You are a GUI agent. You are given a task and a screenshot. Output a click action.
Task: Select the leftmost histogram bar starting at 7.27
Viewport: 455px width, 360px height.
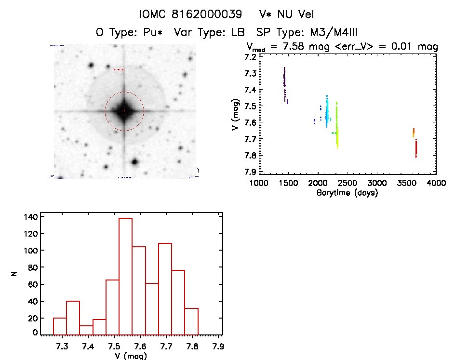point(60,326)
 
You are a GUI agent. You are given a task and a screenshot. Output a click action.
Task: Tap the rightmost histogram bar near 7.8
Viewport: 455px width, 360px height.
point(191,321)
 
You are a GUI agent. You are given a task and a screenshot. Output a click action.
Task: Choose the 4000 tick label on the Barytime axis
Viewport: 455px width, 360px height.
point(436,184)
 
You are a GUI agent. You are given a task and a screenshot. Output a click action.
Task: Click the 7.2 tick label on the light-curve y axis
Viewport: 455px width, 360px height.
point(251,57)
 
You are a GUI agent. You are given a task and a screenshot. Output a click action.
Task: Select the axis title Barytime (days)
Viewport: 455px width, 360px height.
point(347,193)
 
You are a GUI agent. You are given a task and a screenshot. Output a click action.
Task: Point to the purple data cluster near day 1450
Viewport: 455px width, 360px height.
point(285,82)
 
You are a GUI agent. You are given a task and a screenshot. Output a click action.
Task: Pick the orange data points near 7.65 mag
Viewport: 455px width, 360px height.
point(414,132)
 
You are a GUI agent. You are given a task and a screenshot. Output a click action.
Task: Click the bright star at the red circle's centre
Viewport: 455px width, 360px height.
point(124,111)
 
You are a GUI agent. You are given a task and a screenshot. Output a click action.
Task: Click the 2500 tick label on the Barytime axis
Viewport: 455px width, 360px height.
point(376,184)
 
